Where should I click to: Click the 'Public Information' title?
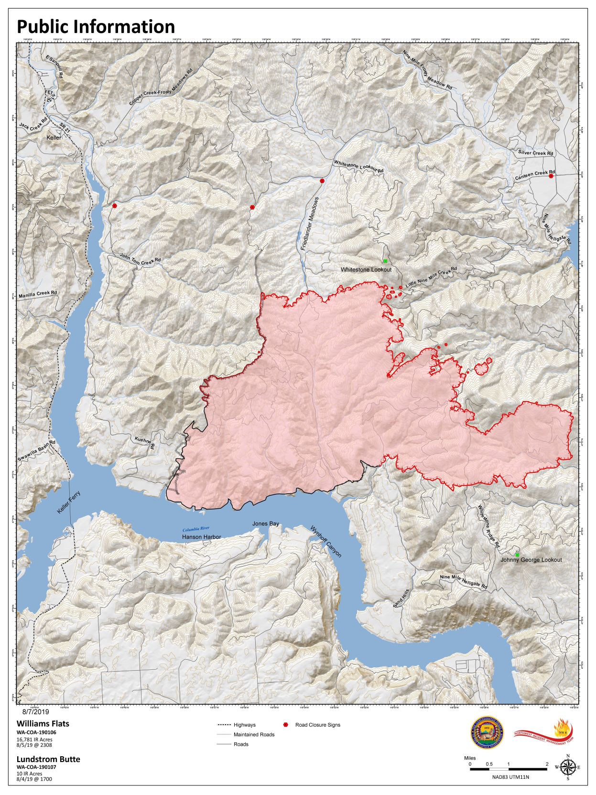(x=96, y=26)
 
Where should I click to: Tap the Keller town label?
(x=54, y=138)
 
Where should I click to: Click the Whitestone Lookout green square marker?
(x=385, y=261)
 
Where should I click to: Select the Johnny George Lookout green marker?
(x=517, y=555)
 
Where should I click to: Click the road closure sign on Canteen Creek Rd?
(x=551, y=176)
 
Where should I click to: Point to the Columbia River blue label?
(x=196, y=529)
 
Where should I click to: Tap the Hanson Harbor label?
(x=201, y=537)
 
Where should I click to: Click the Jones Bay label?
(x=266, y=524)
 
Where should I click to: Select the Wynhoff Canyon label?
(x=326, y=542)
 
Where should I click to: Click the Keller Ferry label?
(x=69, y=502)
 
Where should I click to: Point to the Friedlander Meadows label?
(x=309, y=224)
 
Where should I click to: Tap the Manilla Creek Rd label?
(x=38, y=294)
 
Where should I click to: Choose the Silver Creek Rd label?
(x=535, y=153)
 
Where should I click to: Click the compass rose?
(x=567, y=767)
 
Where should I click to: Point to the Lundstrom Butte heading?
(x=48, y=759)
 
